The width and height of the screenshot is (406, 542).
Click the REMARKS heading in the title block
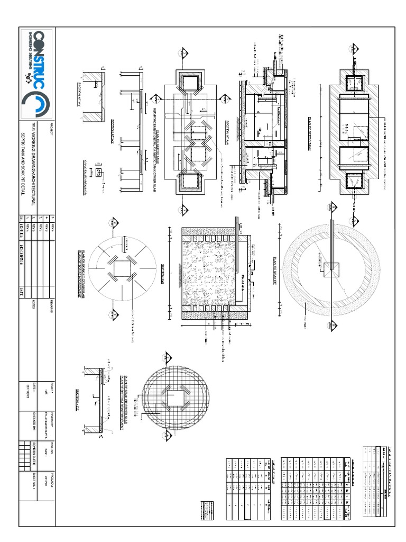(x=52, y=307)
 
